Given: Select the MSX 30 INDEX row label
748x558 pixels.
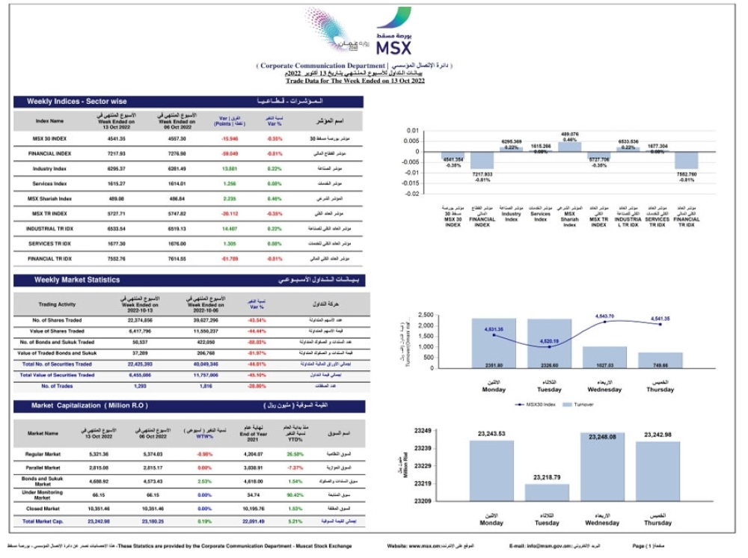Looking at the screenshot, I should point(49,139).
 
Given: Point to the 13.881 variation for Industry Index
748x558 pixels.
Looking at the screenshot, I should point(229,168).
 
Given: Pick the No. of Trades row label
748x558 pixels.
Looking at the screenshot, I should point(57,385).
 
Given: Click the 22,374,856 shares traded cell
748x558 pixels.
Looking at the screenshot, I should point(140,319).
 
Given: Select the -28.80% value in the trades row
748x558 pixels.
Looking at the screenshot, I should point(257,385).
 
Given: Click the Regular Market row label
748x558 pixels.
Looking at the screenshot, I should point(43,454).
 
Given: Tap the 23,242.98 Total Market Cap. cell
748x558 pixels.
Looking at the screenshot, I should point(99,521).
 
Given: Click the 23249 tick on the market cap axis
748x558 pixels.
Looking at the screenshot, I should point(423,431).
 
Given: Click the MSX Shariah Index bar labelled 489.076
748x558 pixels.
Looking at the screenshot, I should point(570,146).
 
